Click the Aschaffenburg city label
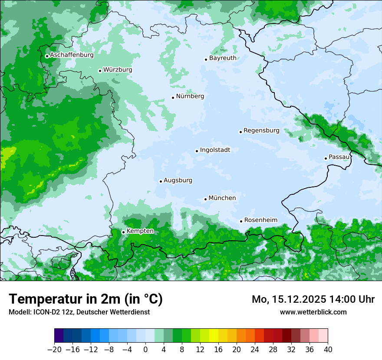72,55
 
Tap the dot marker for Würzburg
100,71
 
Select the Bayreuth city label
223,58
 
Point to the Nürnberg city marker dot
173,98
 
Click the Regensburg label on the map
261,130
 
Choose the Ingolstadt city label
215,150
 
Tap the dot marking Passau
326,158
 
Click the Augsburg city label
178,180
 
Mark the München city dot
205,200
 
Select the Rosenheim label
260,220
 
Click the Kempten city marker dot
123,232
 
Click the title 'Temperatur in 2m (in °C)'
86,299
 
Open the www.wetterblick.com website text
313,312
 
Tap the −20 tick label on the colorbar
54,350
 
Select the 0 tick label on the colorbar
145,350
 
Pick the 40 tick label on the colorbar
328,350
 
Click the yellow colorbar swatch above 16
214,336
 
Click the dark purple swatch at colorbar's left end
59,336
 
